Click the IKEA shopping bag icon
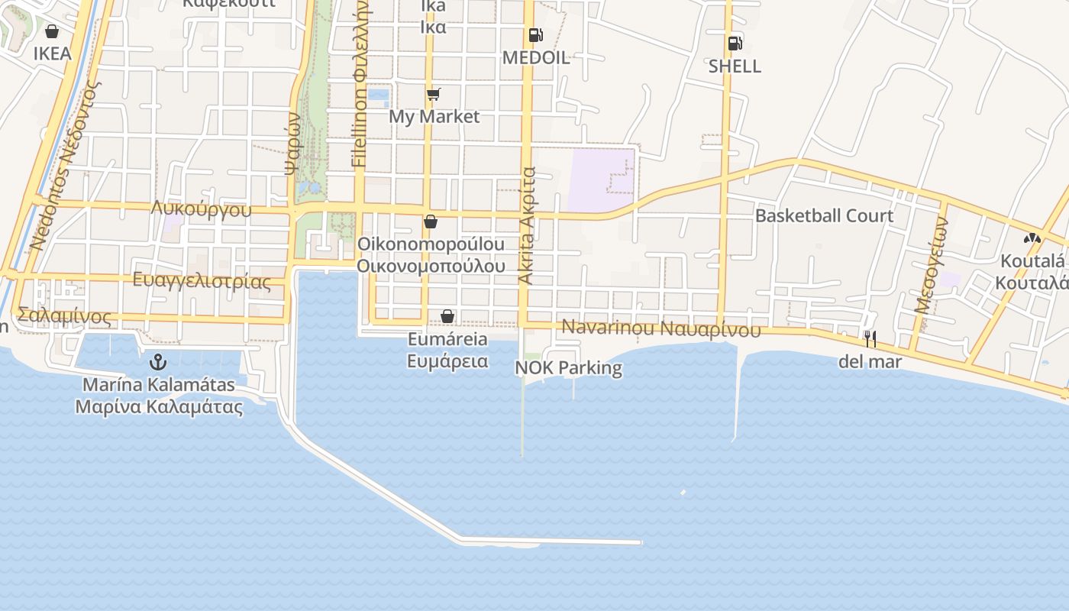[x=52, y=31]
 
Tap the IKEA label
[x=52, y=53]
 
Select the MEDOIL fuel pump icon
[x=535, y=35]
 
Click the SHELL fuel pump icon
[x=735, y=44]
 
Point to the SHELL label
[x=735, y=66]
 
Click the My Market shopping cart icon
[x=434, y=95]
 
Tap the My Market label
[x=434, y=117]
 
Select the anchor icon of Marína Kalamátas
[x=158, y=361]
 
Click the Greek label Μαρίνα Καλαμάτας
[x=159, y=406]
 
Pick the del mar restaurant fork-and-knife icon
[x=870, y=338]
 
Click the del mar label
[x=870, y=361]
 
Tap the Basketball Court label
[x=824, y=216]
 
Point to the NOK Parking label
[x=569, y=368]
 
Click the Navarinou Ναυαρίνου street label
[x=661, y=329]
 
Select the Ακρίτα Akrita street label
[x=527, y=226]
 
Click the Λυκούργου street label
[x=201, y=209]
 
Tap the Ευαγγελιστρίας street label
[x=202, y=280]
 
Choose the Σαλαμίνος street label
[x=65, y=316]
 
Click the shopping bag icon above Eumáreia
[x=447, y=316]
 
